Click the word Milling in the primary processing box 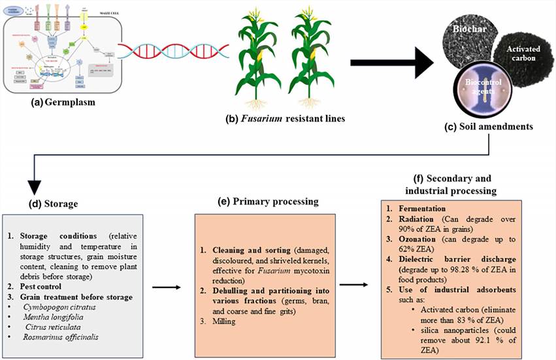pos(226,321)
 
